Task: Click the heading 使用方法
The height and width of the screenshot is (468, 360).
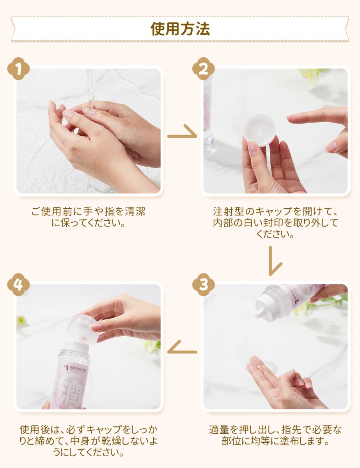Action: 180,29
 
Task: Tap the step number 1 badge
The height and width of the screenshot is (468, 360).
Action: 18,69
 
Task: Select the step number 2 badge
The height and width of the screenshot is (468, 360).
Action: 204,69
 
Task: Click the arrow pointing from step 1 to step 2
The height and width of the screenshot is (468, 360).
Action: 182,133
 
